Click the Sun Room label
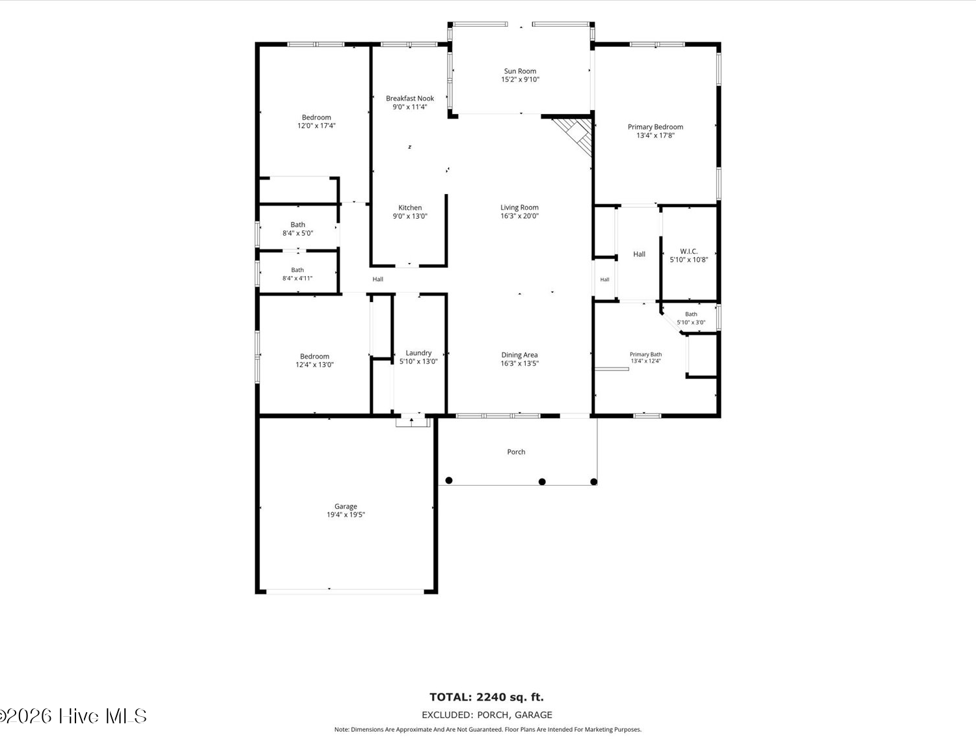520,71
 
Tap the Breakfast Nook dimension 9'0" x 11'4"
410,107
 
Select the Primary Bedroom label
655,127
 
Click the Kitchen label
410,208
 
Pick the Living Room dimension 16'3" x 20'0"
520,216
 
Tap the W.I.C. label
688,251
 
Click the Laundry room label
418,354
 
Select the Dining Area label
519,355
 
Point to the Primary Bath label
645,355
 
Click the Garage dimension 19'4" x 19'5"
346,515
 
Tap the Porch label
516,452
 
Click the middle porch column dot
541,482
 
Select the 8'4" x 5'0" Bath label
297,225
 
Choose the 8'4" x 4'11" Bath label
297,270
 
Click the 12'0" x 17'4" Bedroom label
316,118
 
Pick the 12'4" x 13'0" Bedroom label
314,357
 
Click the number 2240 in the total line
491,697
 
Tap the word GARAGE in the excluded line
533,715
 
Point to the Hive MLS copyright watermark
74,717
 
